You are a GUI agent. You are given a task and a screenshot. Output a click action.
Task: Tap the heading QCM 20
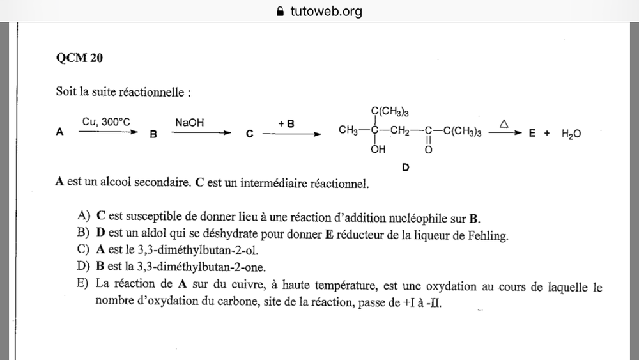point(80,58)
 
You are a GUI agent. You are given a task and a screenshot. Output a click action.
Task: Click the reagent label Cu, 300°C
point(106,121)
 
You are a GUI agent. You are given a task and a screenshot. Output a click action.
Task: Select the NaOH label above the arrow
point(190,121)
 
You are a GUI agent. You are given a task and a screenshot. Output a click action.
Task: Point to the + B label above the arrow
point(286,122)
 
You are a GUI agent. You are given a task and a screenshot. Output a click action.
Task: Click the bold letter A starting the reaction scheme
point(60,133)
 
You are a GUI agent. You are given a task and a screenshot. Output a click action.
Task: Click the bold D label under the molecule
point(406,168)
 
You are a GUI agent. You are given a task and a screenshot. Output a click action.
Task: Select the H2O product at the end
point(571,134)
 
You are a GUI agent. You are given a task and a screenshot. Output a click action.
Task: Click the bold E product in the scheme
point(532,134)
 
